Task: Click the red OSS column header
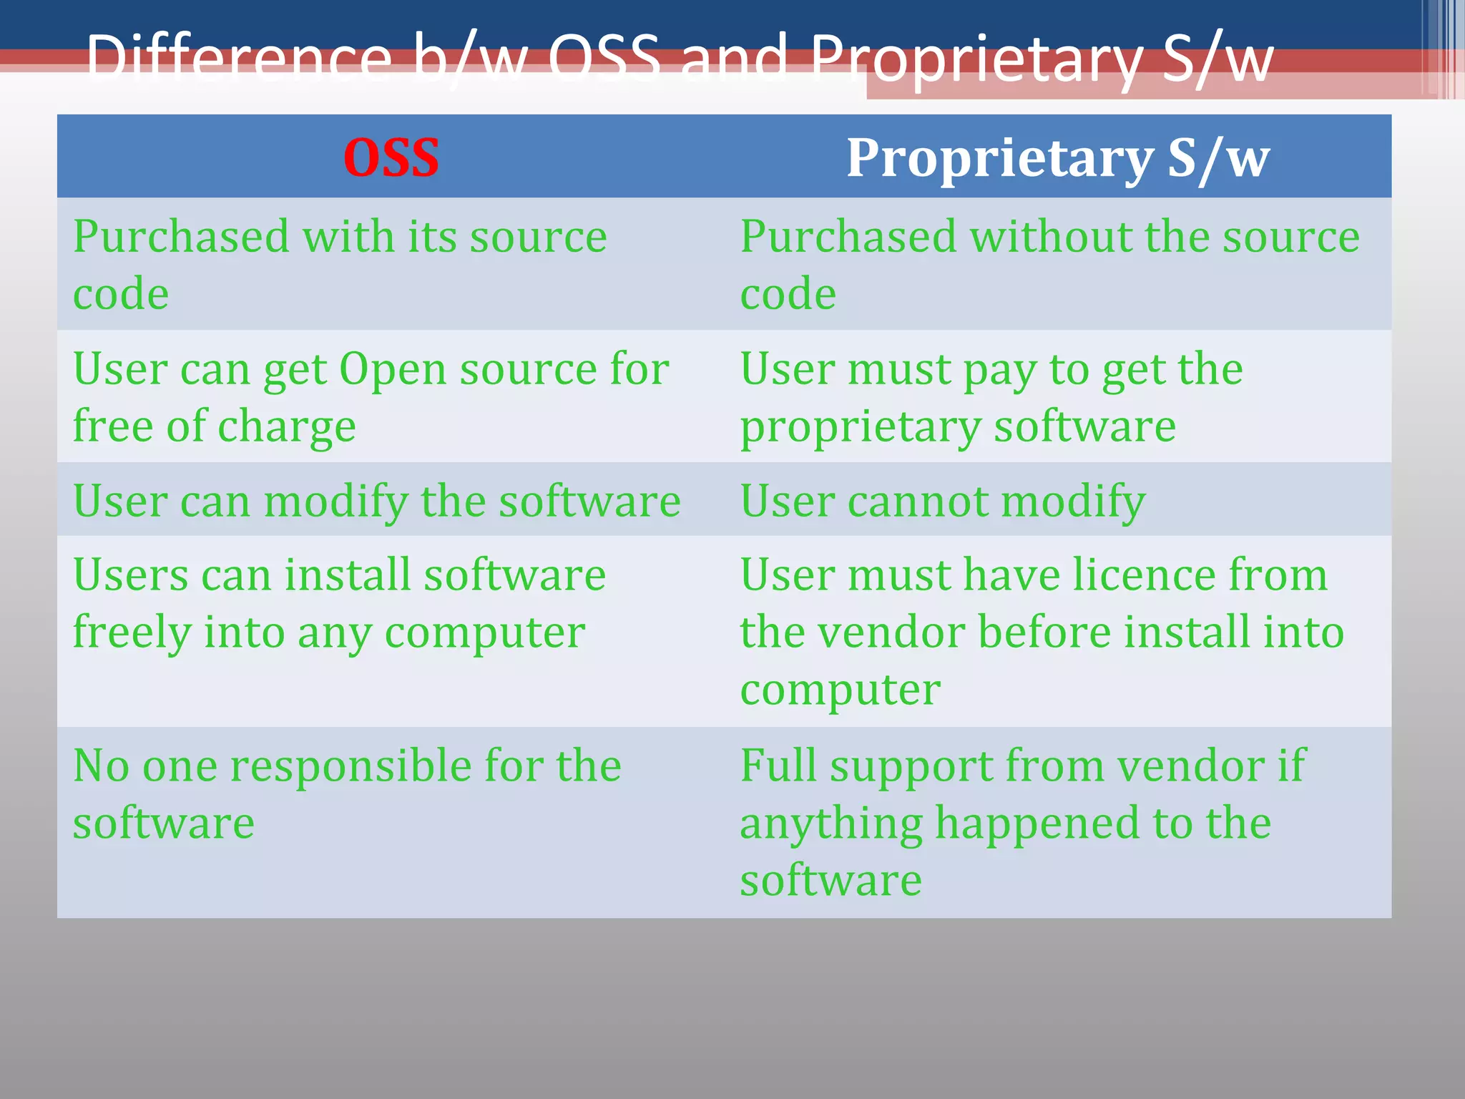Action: (391, 157)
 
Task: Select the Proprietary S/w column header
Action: (1057, 157)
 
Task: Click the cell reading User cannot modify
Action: (942, 501)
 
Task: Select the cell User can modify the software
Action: (376, 501)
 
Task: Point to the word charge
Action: (286, 428)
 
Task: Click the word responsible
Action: (351, 766)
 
